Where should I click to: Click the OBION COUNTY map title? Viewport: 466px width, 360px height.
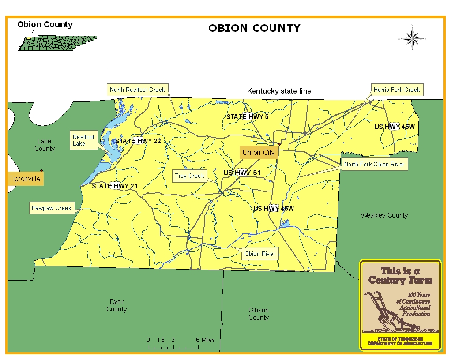pyautogui.click(x=254, y=28)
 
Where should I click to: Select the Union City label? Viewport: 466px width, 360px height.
pyautogui.click(x=259, y=153)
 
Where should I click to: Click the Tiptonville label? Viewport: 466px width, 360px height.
pyautogui.click(x=25, y=179)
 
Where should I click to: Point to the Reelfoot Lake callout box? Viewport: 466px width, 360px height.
pyautogui.click(x=84, y=140)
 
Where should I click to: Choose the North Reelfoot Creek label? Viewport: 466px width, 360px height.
pyautogui.click(x=137, y=90)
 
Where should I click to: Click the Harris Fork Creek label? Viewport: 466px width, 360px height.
pyautogui.click(x=397, y=90)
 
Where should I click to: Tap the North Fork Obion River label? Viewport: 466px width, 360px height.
pyautogui.click(x=374, y=165)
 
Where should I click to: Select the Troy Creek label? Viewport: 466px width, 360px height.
pyautogui.click(x=190, y=176)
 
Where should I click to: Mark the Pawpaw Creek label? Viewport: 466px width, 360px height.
pyautogui.click(x=52, y=208)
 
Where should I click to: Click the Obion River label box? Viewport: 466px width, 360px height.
pyautogui.click(x=260, y=254)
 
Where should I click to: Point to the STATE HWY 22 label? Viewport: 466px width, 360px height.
pyautogui.click(x=138, y=141)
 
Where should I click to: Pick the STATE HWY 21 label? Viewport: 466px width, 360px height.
pyautogui.click(x=115, y=186)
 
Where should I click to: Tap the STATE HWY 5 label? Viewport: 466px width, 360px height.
pyautogui.click(x=248, y=117)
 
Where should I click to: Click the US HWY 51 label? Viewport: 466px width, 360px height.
pyautogui.click(x=242, y=172)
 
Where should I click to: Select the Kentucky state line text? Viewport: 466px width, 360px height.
pyautogui.click(x=279, y=91)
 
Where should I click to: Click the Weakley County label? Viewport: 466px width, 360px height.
pyautogui.click(x=384, y=215)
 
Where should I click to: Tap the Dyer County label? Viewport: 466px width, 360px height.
pyautogui.click(x=116, y=305)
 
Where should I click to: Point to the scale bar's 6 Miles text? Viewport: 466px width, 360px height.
pyautogui.click(x=205, y=340)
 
